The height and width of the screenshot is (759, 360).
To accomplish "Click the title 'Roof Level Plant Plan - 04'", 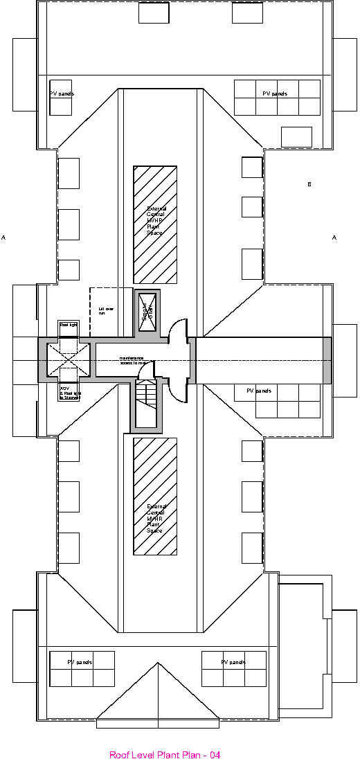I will click(165, 754).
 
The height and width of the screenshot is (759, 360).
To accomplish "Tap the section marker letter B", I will click(309, 184).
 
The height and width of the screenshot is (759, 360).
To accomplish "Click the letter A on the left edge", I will click(3, 238).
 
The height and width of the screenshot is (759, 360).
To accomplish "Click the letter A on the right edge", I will click(334, 238).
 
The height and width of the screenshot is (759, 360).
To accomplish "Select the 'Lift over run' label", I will click(105, 311).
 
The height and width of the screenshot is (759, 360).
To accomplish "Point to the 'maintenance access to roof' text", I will click(132, 360).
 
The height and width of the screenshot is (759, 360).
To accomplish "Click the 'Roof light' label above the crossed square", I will click(69, 325).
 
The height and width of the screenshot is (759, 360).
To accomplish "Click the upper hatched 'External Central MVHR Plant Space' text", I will click(156, 220).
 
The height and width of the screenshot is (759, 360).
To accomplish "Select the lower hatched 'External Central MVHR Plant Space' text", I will click(156, 518).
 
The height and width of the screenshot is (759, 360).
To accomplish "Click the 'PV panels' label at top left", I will click(61, 93).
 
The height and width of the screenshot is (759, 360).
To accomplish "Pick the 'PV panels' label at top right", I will click(275, 93).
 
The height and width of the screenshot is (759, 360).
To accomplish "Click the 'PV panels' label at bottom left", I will click(80, 662).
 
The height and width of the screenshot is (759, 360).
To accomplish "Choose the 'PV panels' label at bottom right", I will click(234, 662).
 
